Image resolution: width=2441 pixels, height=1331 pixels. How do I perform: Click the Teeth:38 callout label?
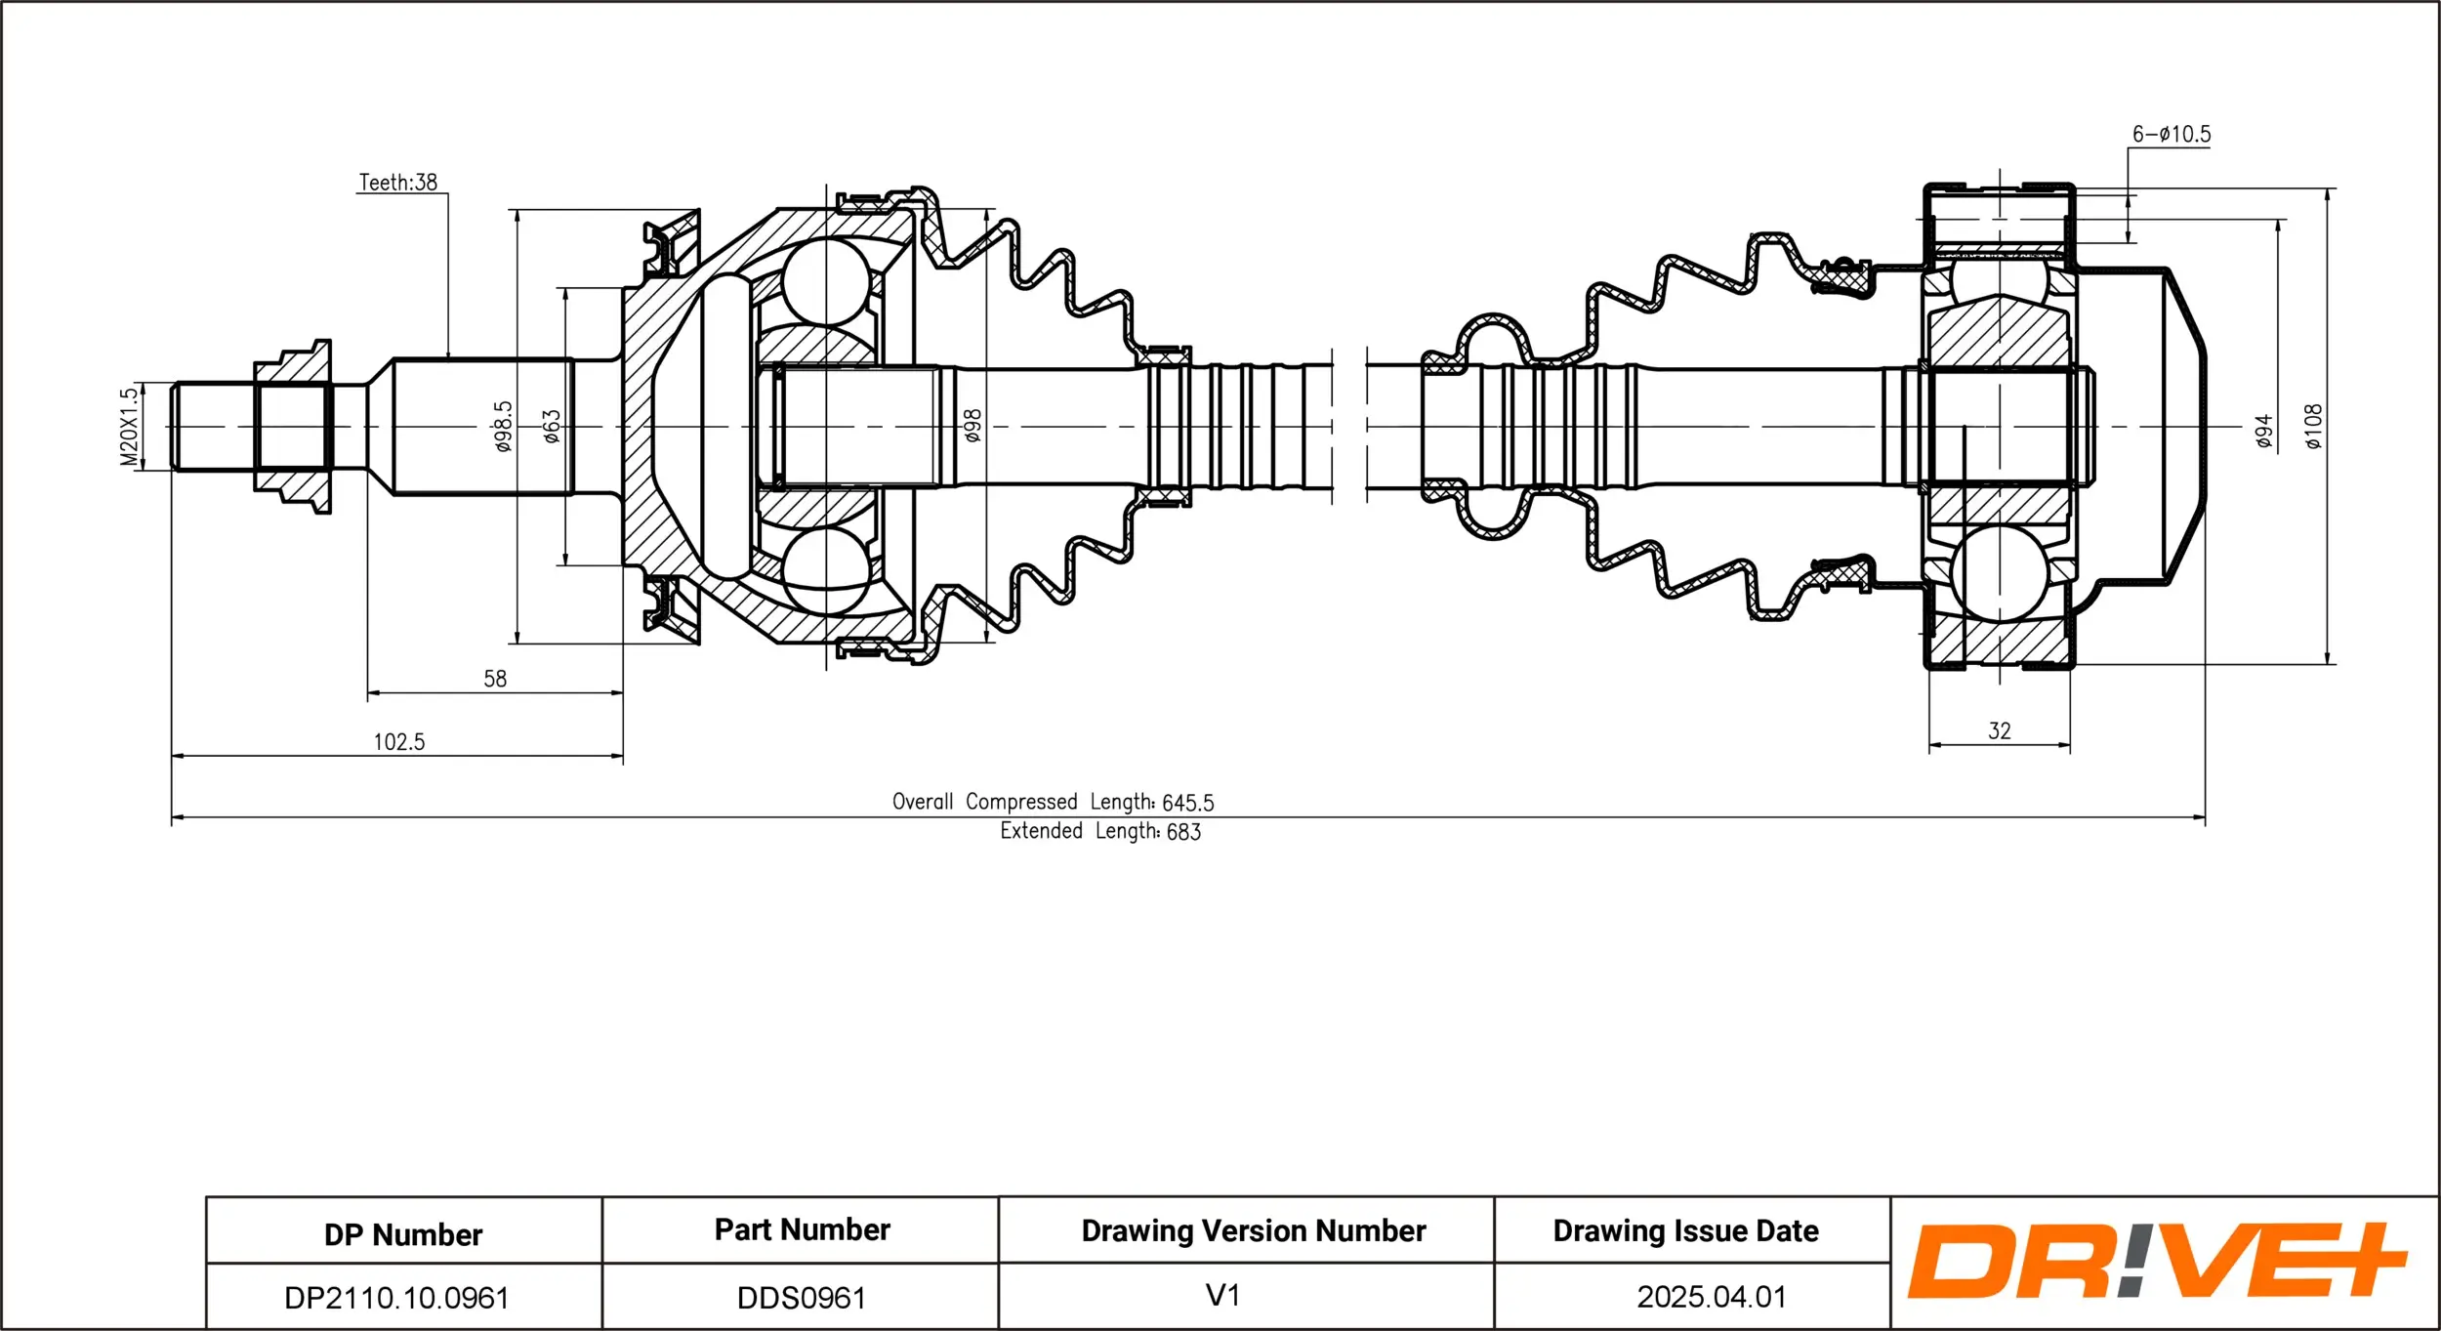click(397, 183)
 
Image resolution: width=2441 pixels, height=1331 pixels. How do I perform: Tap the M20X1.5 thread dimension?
click(129, 427)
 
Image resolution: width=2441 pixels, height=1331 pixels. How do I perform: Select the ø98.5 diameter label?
click(502, 427)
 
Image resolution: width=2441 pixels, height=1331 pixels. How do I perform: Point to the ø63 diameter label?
click(552, 427)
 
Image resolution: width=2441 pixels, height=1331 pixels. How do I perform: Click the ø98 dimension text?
click(972, 426)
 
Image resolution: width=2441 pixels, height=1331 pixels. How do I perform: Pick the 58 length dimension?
click(495, 679)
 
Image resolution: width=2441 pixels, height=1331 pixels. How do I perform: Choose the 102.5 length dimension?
click(399, 742)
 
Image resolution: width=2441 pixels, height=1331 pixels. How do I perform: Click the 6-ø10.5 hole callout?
click(2172, 135)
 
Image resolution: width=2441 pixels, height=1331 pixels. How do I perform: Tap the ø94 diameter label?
click(2264, 431)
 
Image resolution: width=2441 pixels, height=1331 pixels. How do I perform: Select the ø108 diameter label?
click(2313, 427)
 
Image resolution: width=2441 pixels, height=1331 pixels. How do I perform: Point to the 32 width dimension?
click(2000, 731)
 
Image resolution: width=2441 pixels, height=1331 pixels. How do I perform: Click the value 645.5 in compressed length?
click(1187, 803)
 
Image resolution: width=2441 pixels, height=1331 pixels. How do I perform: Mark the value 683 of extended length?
click(1183, 832)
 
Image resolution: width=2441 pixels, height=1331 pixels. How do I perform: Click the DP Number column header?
click(403, 1235)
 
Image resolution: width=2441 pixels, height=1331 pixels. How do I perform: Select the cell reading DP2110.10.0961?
click(396, 1298)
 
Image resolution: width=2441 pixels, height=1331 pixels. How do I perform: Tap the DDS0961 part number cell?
click(802, 1298)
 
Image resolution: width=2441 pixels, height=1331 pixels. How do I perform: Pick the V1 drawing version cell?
click(1222, 1296)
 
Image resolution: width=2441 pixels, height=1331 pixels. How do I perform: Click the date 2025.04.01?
click(1712, 1297)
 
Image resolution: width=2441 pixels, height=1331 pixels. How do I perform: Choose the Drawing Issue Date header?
click(1685, 1231)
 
